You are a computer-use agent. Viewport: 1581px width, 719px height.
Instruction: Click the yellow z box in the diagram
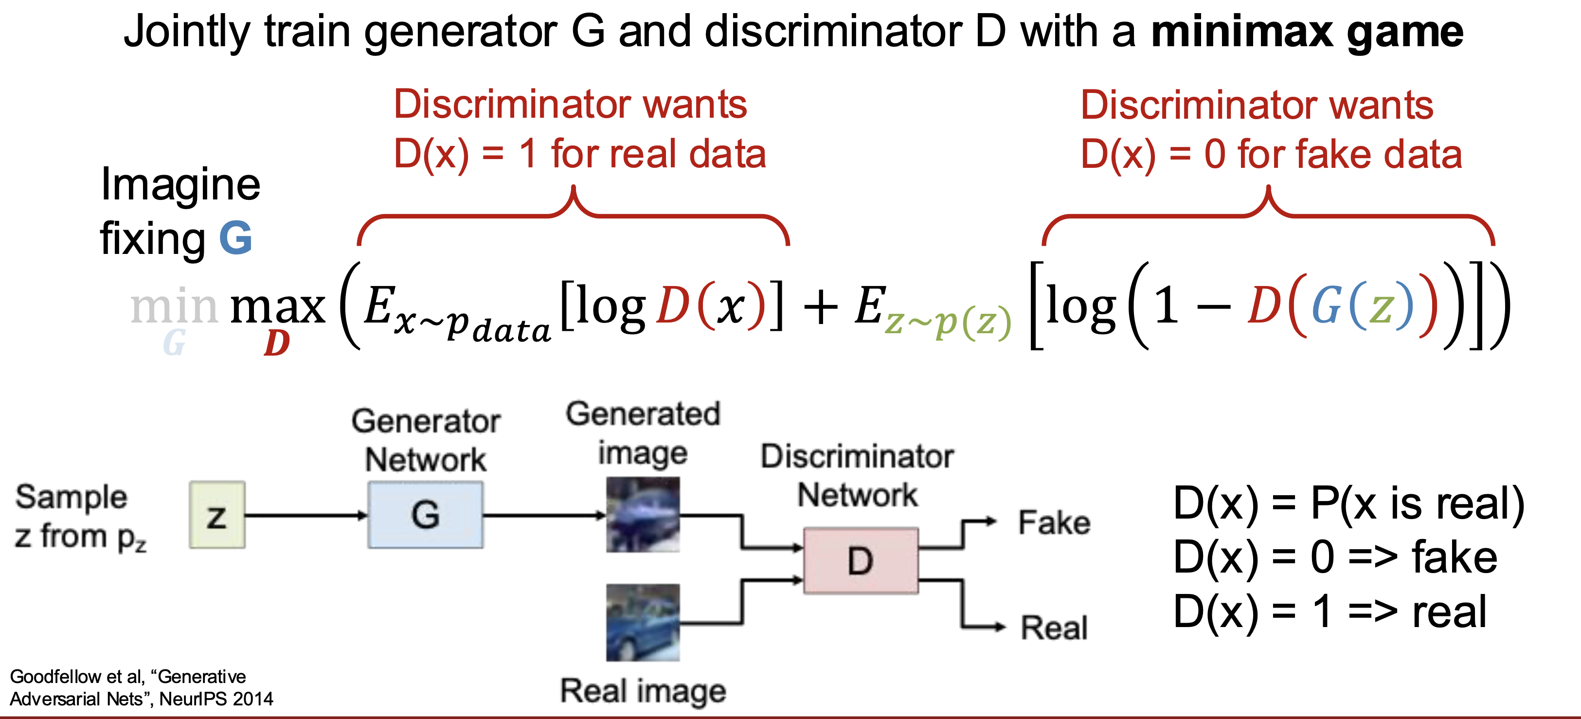pos(217,515)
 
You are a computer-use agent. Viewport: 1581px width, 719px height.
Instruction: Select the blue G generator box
pos(425,515)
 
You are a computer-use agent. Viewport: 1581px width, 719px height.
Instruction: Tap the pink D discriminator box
pos(861,560)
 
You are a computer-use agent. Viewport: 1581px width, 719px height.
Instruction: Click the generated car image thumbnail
pos(643,515)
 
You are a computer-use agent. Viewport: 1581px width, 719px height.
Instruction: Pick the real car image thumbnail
pos(643,623)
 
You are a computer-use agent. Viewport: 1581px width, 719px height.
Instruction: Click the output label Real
pos(1054,628)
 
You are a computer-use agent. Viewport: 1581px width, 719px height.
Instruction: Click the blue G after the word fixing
pos(235,238)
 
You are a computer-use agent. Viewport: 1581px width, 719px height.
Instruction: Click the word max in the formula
pos(277,306)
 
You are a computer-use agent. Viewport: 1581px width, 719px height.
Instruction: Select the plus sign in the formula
pos(821,306)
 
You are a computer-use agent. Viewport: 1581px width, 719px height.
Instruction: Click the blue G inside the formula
pos(1327,305)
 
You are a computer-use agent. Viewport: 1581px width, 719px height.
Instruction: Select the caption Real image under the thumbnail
pos(643,691)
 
